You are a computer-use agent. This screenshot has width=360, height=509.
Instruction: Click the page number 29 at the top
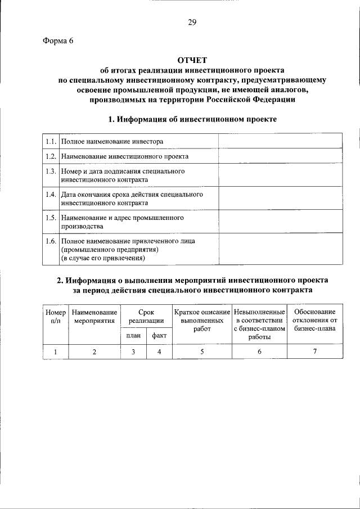pyautogui.click(x=192, y=22)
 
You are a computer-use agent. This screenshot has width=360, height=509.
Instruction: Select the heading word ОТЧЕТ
pyautogui.click(x=192, y=60)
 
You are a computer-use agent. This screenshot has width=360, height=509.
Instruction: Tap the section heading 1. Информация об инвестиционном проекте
pyautogui.click(x=192, y=119)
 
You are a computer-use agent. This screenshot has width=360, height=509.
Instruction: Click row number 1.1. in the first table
pyautogui.click(x=50, y=141)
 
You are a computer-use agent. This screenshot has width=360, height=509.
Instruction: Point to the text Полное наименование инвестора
pyautogui.click(x=112, y=141)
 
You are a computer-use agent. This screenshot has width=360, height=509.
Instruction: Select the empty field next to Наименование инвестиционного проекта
pyautogui.click(x=279, y=156)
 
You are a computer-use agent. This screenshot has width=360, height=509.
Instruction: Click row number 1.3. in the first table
pyautogui.click(x=50, y=171)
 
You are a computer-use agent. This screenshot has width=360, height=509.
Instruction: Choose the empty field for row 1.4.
pyautogui.click(x=279, y=198)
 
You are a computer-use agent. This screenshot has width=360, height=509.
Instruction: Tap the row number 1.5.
pyautogui.click(x=50, y=217)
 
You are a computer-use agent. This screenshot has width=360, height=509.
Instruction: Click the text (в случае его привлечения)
pyautogui.click(x=103, y=258)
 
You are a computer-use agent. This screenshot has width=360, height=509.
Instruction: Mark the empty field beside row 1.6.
pyautogui.click(x=279, y=249)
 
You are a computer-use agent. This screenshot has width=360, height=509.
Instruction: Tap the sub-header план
pyautogui.click(x=133, y=336)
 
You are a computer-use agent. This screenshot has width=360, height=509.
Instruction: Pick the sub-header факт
pyautogui.click(x=160, y=336)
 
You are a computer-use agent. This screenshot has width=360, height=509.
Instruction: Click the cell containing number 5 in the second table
pyautogui.click(x=202, y=352)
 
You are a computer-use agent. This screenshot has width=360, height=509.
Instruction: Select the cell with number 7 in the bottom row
pyautogui.click(x=314, y=352)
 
